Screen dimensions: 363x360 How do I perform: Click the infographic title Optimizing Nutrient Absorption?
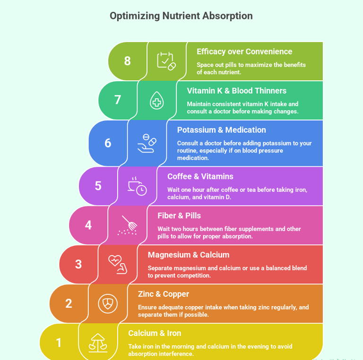click(181, 16)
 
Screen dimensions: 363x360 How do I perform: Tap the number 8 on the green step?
click(127, 61)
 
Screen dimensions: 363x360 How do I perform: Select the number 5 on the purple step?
click(98, 186)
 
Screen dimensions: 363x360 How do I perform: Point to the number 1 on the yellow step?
click(59, 343)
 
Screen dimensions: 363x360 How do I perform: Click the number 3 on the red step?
click(78, 264)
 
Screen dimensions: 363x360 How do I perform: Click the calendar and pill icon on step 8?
click(166, 61)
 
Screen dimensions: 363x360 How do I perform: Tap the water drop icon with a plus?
click(156, 100)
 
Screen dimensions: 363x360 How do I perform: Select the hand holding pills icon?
click(147, 143)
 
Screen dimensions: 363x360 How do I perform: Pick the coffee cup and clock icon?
click(137, 186)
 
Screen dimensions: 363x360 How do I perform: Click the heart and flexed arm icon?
click(117, 264)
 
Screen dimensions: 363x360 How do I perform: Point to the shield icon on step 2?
click(108, 303)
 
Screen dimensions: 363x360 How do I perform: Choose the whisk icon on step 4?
click(128, 225)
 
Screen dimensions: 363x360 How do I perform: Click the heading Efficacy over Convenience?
click(244, 51)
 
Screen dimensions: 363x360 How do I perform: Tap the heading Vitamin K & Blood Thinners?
click(236, 91)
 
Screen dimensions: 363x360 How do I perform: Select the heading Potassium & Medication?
click(221, 130)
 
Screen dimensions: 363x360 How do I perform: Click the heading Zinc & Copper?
click(164, 294)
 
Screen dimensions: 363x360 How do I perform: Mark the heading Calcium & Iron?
click(155, 333)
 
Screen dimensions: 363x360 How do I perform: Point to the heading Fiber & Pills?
click(179, 215)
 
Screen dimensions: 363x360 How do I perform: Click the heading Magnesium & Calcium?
click(189, 255)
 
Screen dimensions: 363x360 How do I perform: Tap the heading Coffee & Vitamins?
click(200, 176)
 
